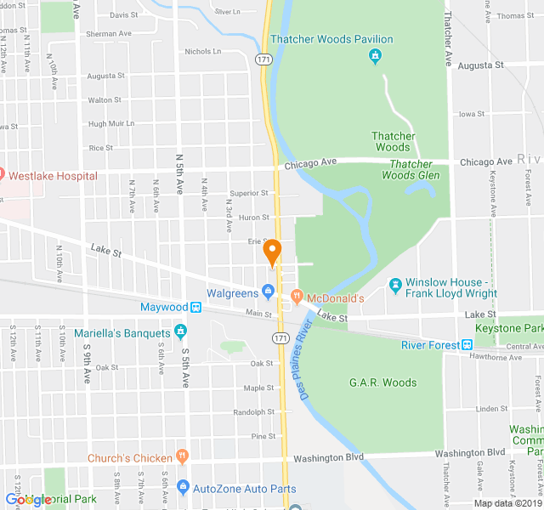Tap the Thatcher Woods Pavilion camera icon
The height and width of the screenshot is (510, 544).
[375, 57]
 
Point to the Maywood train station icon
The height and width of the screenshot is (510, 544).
[195, 307]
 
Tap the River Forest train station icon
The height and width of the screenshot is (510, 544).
[467, 344]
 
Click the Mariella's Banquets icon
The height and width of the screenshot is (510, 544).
[179, 331]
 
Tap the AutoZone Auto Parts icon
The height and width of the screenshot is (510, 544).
[182, 487]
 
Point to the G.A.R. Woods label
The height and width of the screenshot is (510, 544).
[382, 382]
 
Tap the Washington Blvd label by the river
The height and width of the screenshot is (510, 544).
[329, 457]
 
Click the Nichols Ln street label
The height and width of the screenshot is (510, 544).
[202, 51]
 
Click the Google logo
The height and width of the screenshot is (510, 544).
[27, 500]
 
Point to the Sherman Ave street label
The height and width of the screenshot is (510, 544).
[109, 34]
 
